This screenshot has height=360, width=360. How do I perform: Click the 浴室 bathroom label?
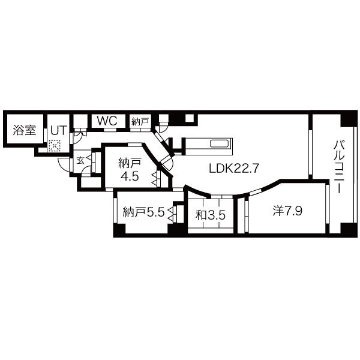[x=24, y=131]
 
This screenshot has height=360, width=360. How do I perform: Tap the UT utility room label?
[x=58, y=130]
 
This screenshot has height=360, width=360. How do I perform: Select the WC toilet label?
[x=107, y=121]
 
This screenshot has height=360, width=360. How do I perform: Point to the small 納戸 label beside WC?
[x=140, y=121]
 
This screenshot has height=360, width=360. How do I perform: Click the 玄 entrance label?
[x=80, y=160]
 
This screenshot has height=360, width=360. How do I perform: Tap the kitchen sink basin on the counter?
[x=218, y=144]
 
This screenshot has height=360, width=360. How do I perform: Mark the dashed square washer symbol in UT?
[x=55, y=145]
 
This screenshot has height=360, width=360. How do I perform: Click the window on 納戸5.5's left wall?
[x=114, y=210]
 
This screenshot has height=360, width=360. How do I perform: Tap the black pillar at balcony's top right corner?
[x=348, y=119]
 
